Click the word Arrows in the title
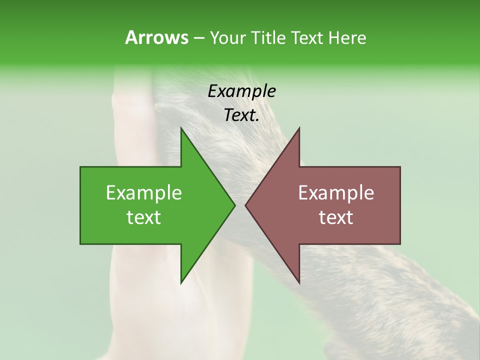pos(156,37)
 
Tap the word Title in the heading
pos(268,37)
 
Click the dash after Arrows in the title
pos(198,38)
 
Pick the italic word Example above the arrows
pos(241,91)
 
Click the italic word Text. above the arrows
pos(241,115)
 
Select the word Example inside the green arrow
pos(144,193)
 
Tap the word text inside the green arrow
pos(144,217)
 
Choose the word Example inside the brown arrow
pos(336,193)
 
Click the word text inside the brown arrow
pos(336,217)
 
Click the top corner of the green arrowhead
pos(181,128)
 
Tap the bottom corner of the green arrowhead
pos(181,282)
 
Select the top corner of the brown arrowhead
pos(299,128)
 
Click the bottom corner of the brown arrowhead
pos(299,282)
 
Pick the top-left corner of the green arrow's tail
pos(81,167)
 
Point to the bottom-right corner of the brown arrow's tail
pos(399,243)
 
